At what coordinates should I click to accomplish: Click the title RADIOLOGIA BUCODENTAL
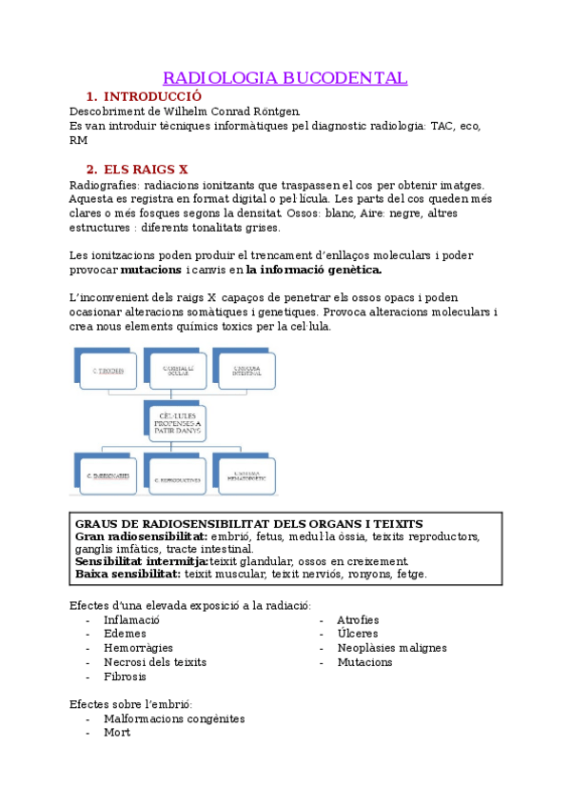click(x=285, y=77)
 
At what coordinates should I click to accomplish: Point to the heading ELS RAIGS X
click(x=145, y=170)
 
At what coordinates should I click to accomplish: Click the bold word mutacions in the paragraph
click(x=151, y=271)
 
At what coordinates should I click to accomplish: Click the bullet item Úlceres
click(x=358, y=634)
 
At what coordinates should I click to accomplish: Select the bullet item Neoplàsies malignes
click(x=392, y=648)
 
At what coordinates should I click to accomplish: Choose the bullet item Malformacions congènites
click(x=174, y=719)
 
